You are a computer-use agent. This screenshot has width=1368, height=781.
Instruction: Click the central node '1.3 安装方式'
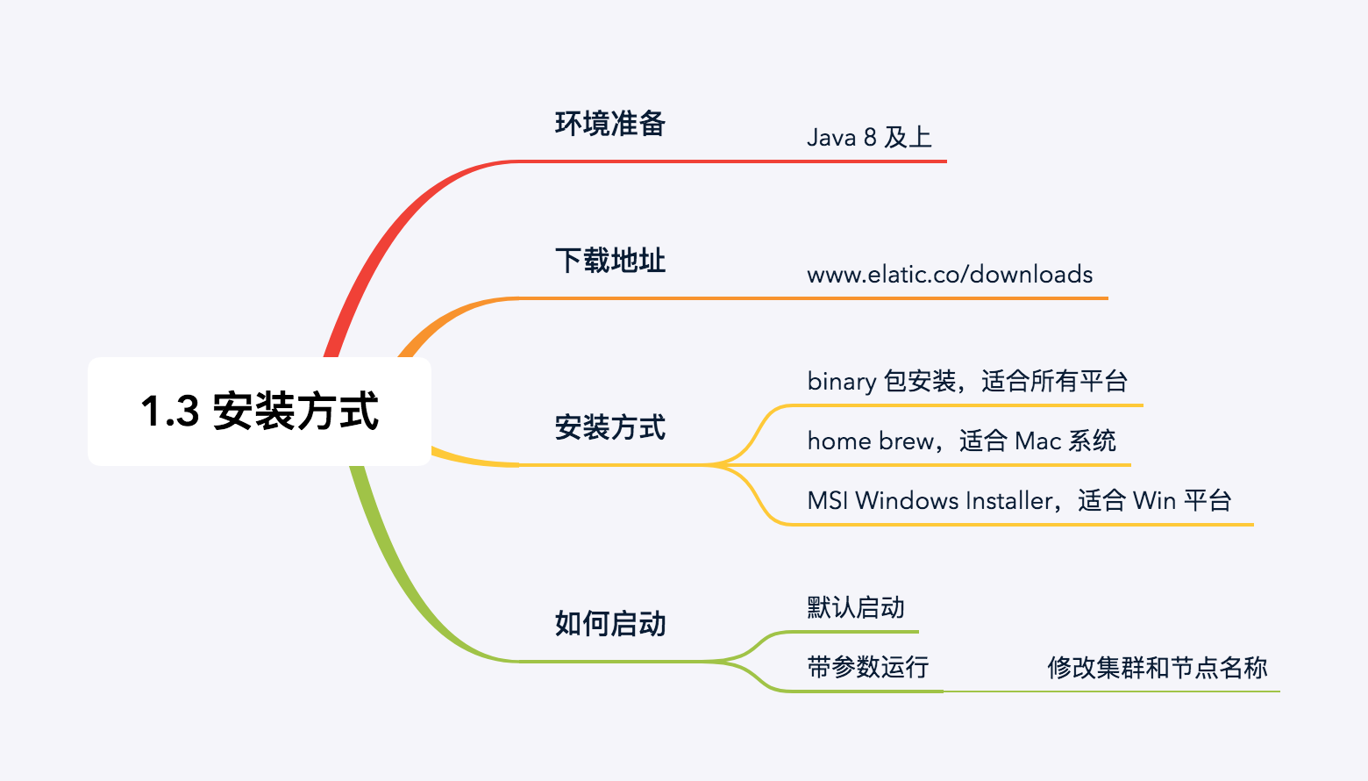260,411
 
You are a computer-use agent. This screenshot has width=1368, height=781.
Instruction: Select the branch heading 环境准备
609,124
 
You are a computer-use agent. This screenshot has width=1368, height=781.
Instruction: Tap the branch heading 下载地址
609,261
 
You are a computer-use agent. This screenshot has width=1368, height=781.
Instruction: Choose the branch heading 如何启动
609,624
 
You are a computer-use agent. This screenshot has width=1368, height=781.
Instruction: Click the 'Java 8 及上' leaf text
868,138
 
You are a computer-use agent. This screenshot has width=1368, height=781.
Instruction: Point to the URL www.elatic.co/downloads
949,275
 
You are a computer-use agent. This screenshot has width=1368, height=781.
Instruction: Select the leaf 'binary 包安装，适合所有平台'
966,382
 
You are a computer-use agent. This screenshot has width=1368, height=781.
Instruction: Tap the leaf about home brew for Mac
961,441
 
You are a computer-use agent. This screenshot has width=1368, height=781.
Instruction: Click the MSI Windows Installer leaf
1019,500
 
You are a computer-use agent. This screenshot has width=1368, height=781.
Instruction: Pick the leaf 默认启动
855,607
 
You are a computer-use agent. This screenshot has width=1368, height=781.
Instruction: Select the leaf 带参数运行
867,667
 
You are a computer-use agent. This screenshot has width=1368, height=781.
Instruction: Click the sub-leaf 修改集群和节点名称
1157,668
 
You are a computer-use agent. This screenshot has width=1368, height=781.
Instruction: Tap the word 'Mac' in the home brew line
1037,441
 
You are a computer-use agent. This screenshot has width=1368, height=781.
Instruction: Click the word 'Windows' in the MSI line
907,500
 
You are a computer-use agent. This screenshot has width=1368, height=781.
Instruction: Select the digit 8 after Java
869,138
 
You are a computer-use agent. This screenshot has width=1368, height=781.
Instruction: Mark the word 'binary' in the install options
841,382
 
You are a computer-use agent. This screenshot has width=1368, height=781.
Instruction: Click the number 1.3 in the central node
170,412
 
